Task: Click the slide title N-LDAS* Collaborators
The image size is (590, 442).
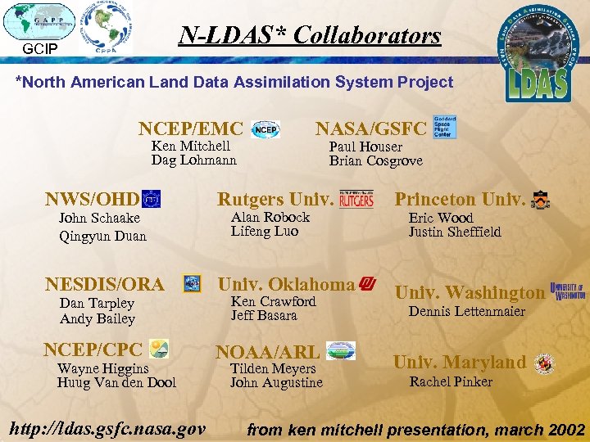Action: coord(310,35)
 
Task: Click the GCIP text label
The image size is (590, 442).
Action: coord(39,48)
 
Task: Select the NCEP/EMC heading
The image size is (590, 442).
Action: coord(191,129)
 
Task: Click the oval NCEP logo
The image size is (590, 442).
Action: coord(265,129)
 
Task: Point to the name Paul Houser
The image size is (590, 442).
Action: coord(365,147)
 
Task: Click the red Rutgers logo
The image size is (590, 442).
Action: coord(356,199)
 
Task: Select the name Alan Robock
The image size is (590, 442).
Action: coord(270,217)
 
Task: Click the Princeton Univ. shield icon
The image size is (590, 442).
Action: coord(541,200)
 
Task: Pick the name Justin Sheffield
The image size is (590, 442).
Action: coord(455,232)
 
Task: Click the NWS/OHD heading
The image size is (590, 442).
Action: coord(92,199)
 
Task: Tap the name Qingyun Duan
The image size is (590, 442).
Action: coord(102,236)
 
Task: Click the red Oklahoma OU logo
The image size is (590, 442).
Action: coord(368,284)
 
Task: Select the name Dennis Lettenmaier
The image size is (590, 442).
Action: coord(467,311)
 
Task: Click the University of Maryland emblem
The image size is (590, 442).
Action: coord(544,363)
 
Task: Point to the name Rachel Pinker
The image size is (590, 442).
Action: coord(451,381)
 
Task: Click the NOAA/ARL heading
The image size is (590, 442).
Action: coord(267,352)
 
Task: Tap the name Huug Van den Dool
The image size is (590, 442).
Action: coord(116,382)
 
